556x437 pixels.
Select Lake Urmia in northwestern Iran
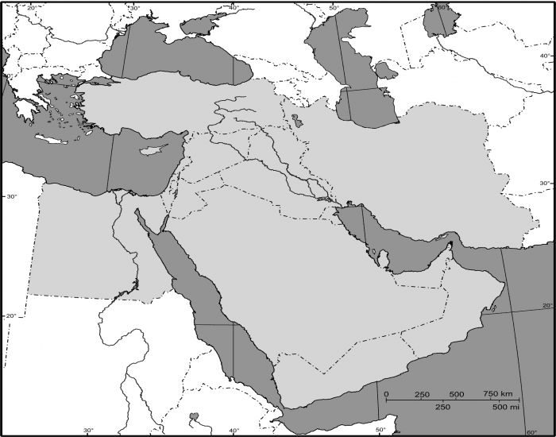(296, 122)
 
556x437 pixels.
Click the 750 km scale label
(498, 394)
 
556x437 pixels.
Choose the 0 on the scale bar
(386, 394)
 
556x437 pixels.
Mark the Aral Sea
(435, 20)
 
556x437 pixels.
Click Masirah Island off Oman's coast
(498, 283)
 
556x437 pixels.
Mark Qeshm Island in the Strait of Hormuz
(440, 242)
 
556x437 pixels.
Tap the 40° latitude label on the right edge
(545, 56)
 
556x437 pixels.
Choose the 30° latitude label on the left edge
(11, 195)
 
